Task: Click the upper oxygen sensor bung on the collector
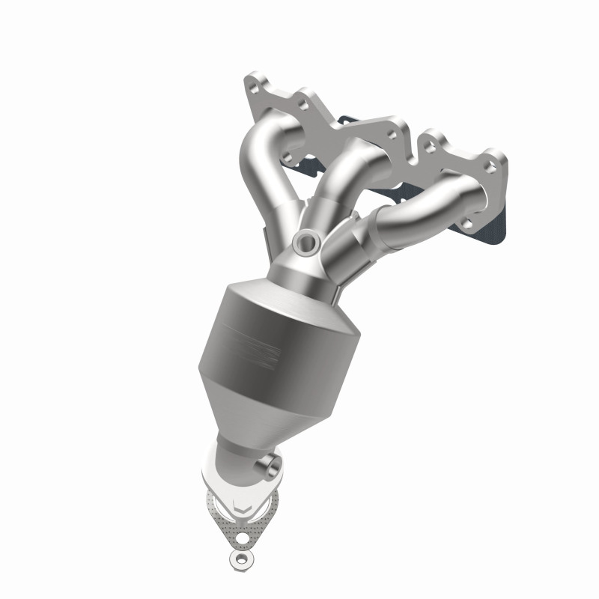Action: pos(305,241)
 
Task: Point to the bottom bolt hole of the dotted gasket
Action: pos(242,537)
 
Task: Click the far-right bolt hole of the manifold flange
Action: pos(489,165)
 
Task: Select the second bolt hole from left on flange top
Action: pos(302,103)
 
